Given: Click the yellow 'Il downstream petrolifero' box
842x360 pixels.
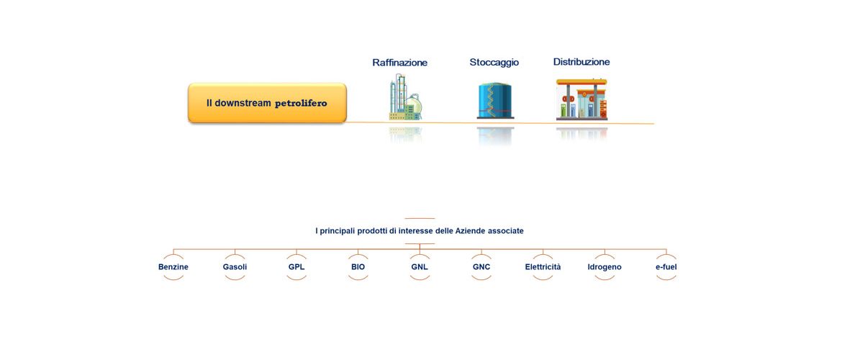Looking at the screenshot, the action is point(267,103).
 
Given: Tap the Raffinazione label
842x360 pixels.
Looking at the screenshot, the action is point(400,63).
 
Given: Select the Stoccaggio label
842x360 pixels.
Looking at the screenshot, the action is point(494,63).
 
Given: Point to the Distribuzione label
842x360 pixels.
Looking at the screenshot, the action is point(581,62).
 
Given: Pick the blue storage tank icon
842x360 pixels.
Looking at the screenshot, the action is point(494,101).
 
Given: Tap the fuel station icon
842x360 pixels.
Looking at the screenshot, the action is point(581,99).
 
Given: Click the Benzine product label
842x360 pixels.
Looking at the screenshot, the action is point(173,266).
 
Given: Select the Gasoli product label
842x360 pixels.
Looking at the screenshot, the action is point(235,266).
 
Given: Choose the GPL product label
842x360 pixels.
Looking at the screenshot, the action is point(296,266).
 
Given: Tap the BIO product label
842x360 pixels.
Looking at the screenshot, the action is point(358,266).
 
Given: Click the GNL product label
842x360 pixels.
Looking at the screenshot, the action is point(420,266).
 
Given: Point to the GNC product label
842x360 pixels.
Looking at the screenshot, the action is point(481,266).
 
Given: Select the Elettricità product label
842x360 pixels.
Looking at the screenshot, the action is point(543,266).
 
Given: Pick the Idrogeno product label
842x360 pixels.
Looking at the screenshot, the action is point(605,266).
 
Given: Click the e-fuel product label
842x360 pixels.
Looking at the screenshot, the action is point(666,266).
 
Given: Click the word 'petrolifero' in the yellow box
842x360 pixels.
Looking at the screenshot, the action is point(301,103).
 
